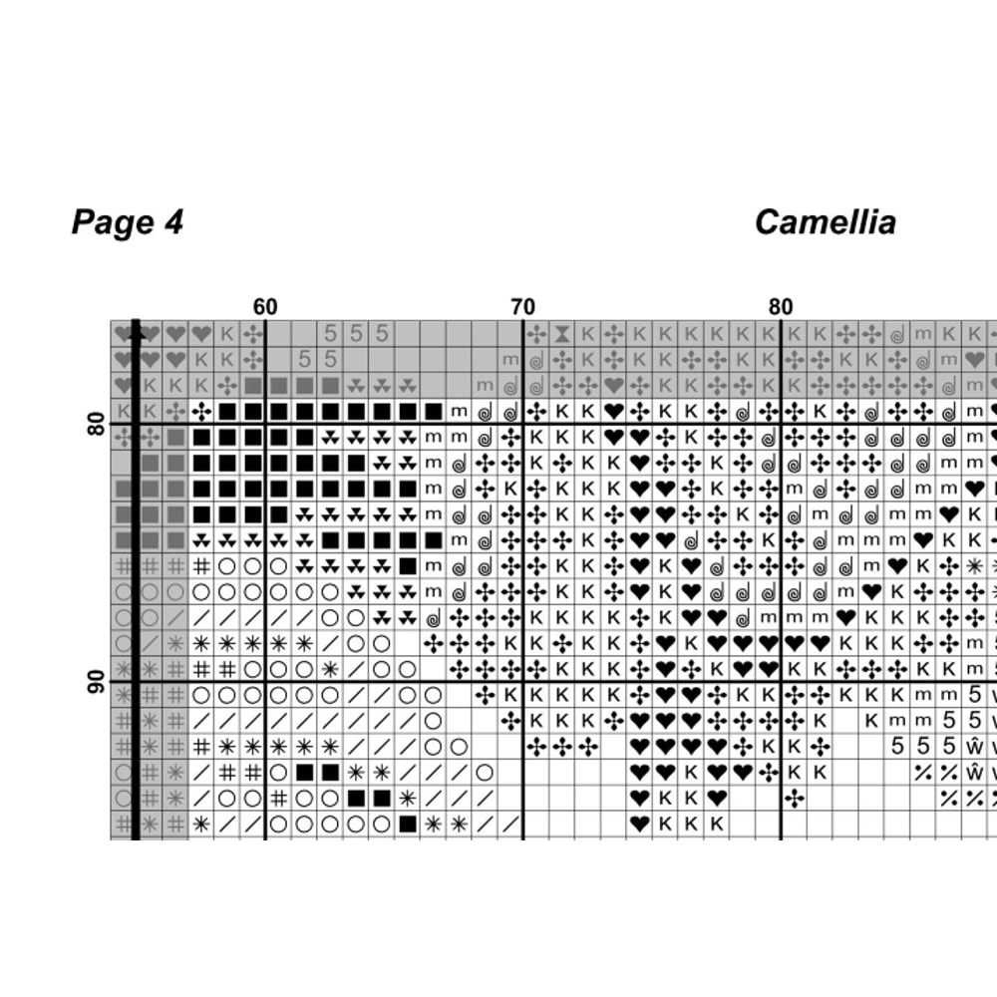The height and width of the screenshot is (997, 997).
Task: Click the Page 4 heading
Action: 127,221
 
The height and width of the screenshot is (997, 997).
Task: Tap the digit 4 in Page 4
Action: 172,221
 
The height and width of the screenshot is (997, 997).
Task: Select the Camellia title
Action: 825,221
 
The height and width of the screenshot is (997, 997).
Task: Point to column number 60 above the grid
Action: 265,307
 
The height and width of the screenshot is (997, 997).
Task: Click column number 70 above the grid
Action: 522,307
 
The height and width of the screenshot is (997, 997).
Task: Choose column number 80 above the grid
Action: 781,307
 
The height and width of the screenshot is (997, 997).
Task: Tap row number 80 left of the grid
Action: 97,425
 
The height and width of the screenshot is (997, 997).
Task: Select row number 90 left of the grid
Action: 97,682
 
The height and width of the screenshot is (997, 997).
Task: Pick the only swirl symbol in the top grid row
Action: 896,333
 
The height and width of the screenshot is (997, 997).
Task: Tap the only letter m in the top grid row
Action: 922,333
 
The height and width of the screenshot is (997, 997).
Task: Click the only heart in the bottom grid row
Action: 639,825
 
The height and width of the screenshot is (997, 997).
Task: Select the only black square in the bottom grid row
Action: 407,825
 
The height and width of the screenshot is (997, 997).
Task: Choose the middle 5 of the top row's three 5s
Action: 356,333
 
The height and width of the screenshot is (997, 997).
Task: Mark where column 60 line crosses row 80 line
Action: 265,424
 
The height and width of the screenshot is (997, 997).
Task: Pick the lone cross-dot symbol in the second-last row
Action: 794,799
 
